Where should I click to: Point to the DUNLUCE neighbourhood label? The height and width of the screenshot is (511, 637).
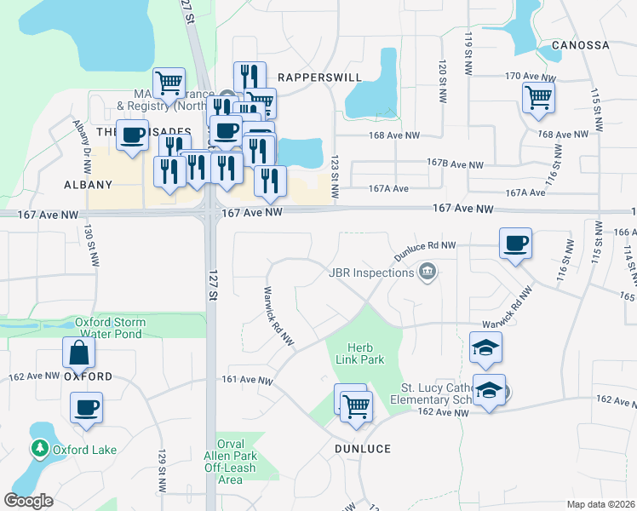[x=363, y=449]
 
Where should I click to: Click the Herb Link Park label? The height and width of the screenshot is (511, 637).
[x=365, y=353]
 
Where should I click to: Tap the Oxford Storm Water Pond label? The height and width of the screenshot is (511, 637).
[x=110, y=329]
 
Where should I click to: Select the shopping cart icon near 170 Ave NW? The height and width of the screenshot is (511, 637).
[x=538, y=98]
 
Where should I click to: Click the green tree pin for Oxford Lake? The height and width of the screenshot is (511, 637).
[x=39, y=448]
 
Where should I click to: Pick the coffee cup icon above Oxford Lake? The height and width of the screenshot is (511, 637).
[x=86, y=408]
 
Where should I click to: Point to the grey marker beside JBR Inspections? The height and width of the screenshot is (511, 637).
[x=427, y=273]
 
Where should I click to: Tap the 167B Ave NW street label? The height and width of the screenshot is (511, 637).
[x=455, y=164]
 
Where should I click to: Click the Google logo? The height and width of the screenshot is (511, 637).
[x=28, y=501]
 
